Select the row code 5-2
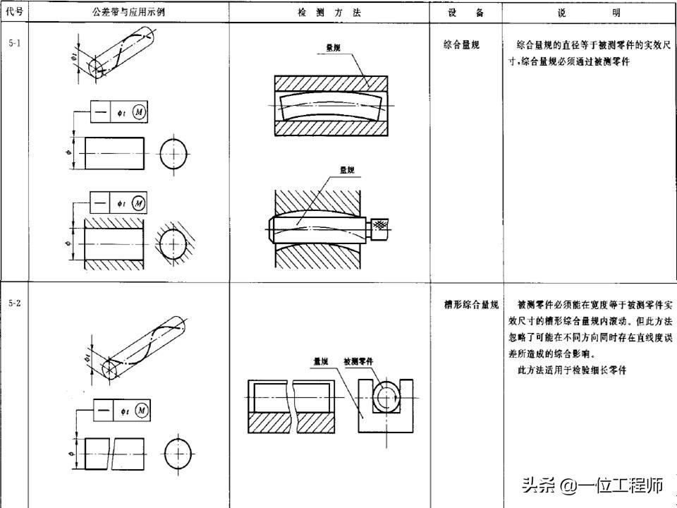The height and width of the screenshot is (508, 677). click(x=15, y=303)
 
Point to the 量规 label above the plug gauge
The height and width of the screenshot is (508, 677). click(x=347, y=170)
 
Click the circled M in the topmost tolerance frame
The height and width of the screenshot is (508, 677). click(x=139, y=112)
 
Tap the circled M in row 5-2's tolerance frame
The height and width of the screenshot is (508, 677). click(x=141, y=410)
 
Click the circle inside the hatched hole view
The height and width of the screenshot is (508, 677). click(x=173, y=244)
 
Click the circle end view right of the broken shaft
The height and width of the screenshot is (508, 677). click(x=179, y=452)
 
